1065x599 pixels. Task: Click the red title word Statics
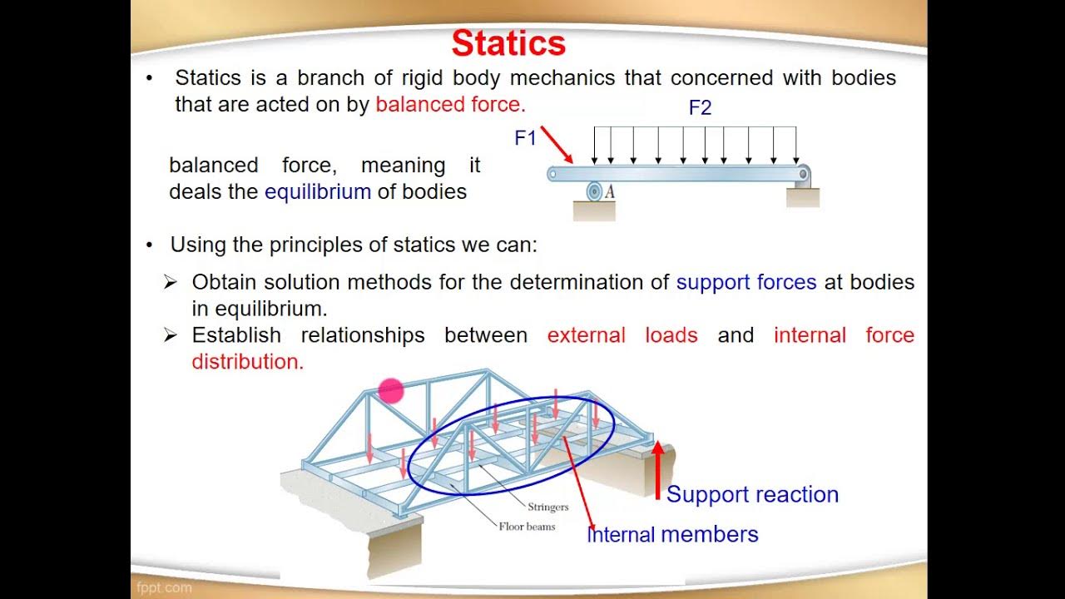point(508,43)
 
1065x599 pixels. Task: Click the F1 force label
point(525,138)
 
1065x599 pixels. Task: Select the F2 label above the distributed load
point(700,108)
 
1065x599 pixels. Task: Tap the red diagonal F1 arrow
point(557,145)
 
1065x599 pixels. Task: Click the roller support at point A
point(594,192)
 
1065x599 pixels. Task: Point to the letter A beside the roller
point(610,192)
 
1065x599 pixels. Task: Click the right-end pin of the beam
point(803,174)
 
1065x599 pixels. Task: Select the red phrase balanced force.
point(450,104)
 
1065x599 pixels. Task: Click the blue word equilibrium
point(317,191)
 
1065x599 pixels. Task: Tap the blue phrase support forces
point(745,282)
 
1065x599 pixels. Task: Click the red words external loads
point(622,335)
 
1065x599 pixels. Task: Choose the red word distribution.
point(247,362)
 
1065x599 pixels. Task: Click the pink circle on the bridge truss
point(390,390)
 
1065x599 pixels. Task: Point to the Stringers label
point(547,507)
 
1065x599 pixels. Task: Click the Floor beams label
point(527,526)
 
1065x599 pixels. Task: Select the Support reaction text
point(752,494)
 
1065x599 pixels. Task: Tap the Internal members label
point(672,534)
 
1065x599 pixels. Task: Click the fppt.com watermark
point(164,587)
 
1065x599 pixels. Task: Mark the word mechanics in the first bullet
point(562,78)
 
